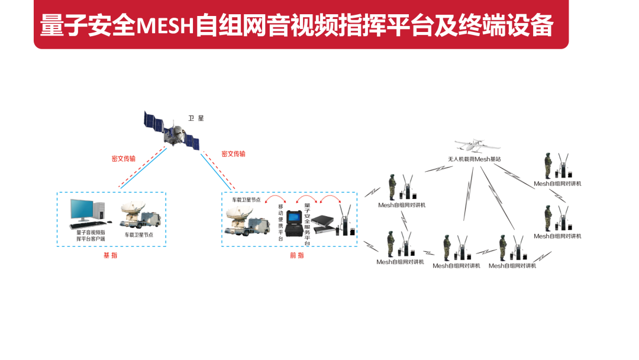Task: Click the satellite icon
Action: pos(172,130)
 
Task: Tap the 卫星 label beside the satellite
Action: pos(196,118)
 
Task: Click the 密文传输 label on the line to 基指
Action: pos(123,159)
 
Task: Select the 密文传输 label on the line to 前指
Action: pos(233,154)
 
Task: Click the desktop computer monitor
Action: pos(82,211)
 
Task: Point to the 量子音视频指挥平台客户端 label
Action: pos(91,235)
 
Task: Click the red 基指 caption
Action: pos(110,255)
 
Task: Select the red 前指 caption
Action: pos(296,255)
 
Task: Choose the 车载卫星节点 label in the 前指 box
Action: pos(246,200)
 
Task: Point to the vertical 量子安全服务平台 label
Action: pos(307,224)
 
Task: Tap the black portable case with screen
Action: pos(293,223)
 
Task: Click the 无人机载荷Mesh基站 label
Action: pos(475,159)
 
